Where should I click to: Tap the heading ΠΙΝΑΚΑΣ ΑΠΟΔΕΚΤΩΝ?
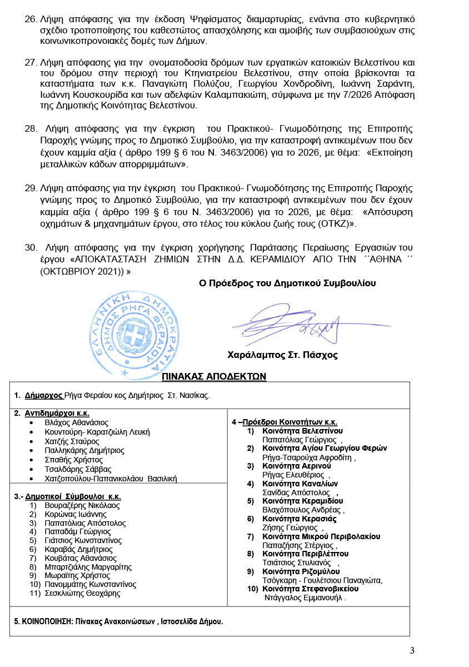click(x=214, y=377)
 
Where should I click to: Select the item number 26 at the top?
click(x=31, y=19)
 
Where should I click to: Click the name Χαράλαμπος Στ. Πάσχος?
click(x=282, y=355)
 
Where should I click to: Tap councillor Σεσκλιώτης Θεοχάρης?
click(x=82, y=593)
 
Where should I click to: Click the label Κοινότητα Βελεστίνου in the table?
click(x=303, y=431)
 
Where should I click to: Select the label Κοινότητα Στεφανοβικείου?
click(x=311, y=589)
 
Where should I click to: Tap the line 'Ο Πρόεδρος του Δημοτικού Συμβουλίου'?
click(x=287, y=283)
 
